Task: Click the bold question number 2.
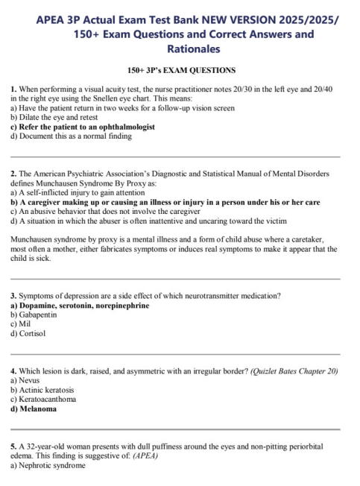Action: point(14,174)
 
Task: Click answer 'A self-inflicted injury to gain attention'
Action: point(80,192)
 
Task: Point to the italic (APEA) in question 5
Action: point(145,455)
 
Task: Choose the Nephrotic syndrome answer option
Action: point(48,465)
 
